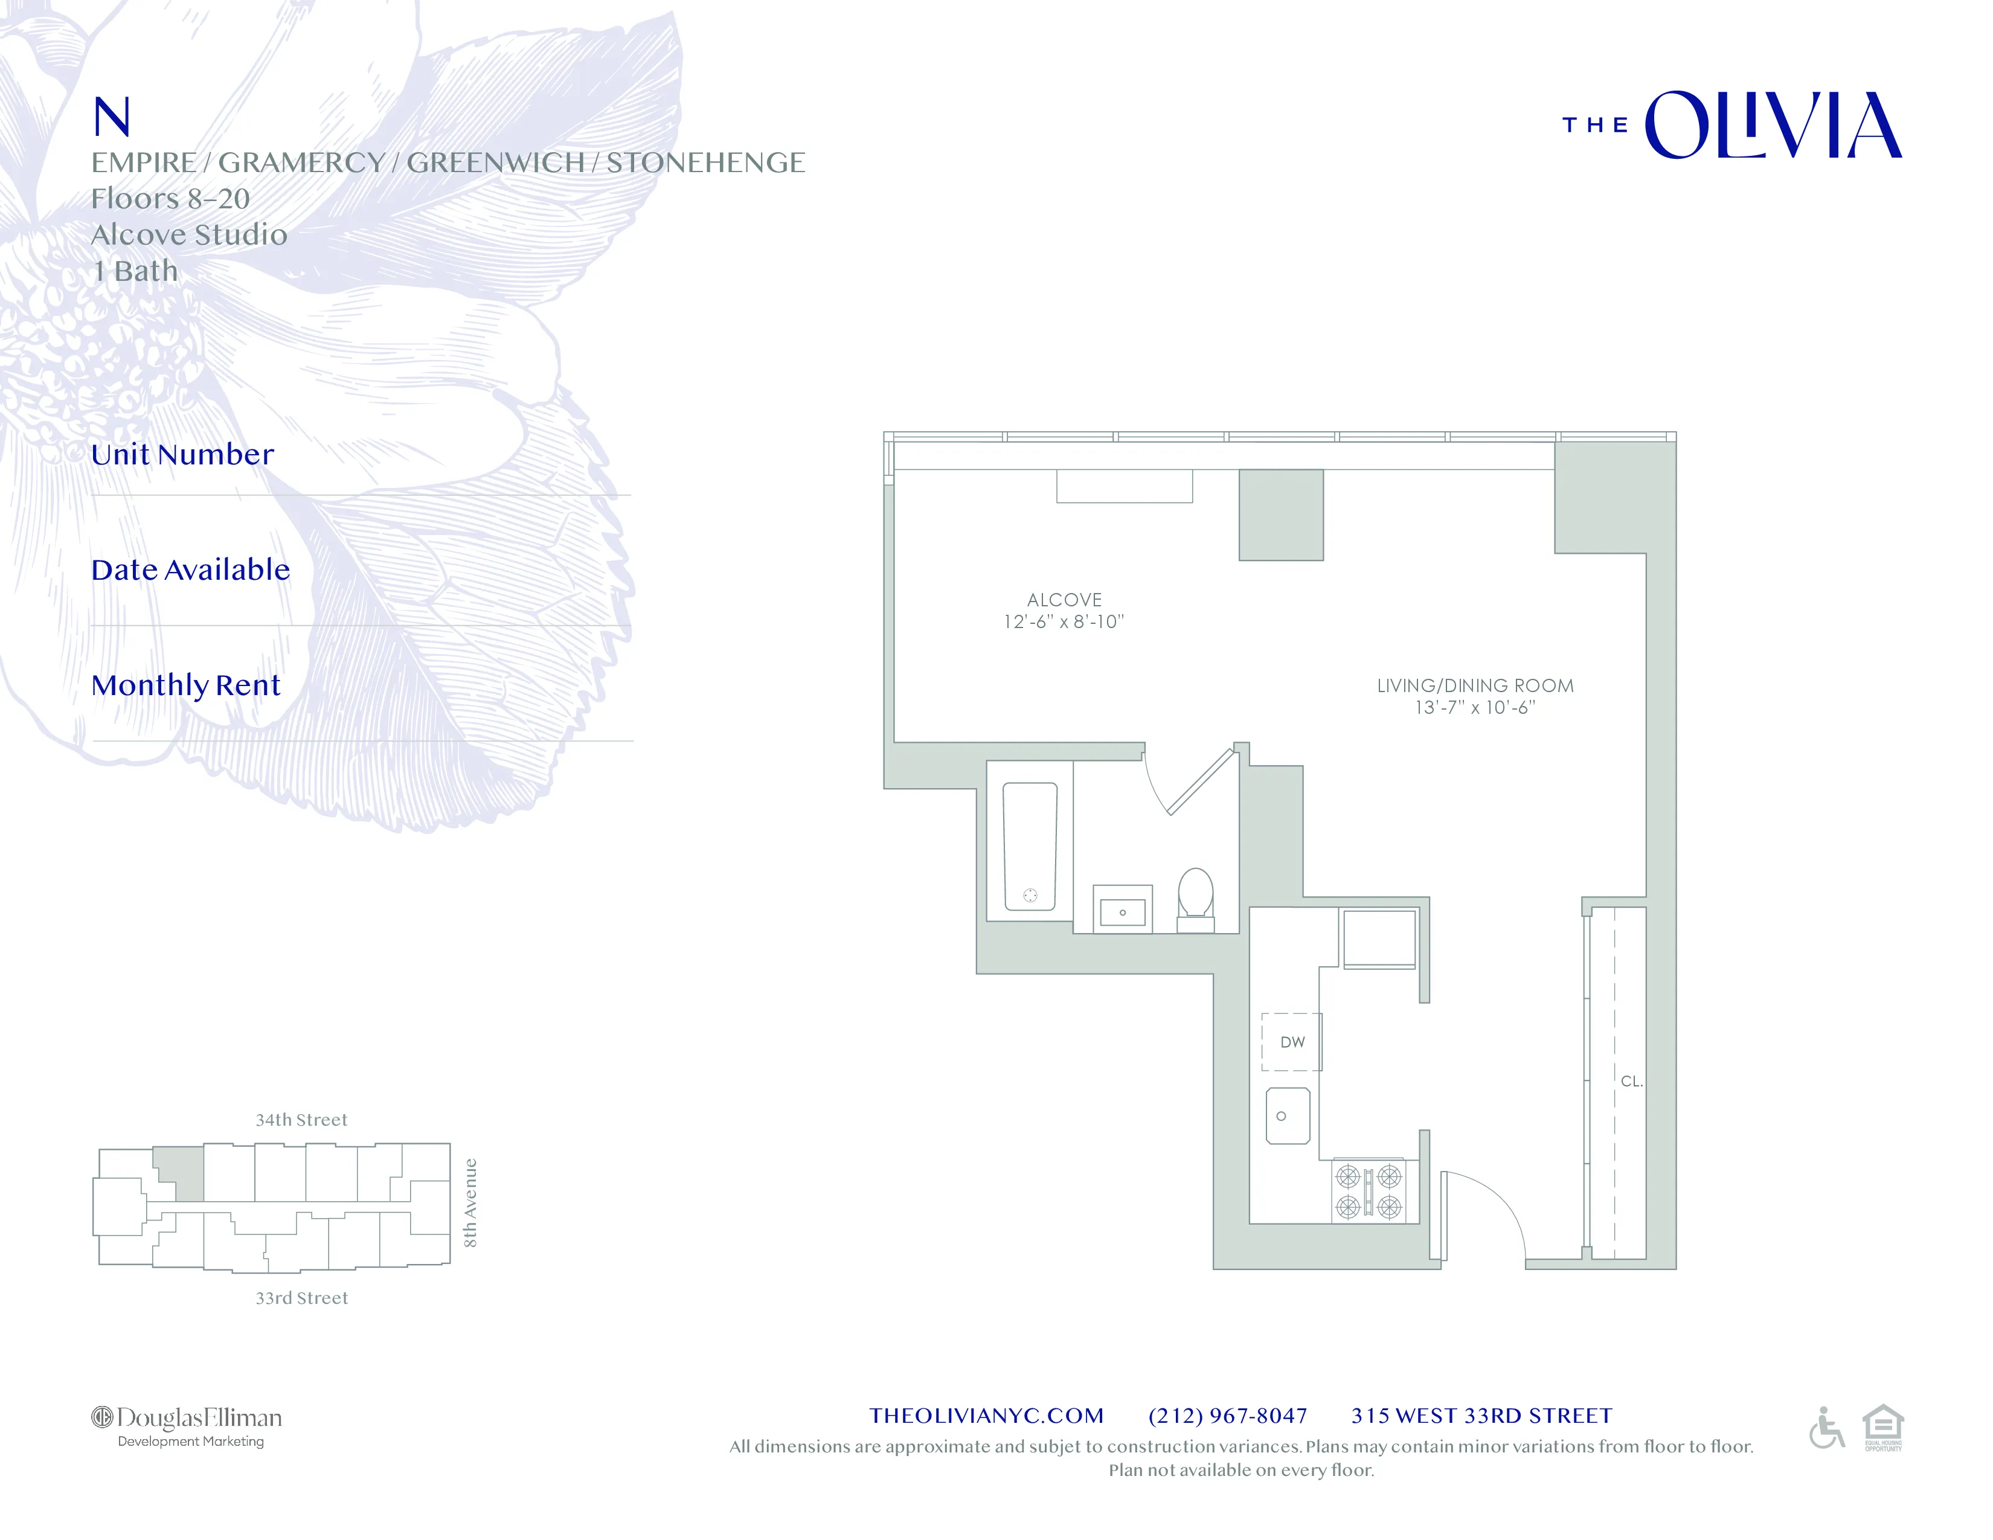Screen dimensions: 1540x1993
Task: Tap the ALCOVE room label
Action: [x=1064, y=600]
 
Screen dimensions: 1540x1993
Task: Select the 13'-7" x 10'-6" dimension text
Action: [x=1475, y=707]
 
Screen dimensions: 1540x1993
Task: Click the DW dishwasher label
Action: [x=1292, y=1042]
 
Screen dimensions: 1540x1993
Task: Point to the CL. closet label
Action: [x=1631, y=1081]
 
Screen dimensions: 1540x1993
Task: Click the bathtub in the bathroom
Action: [x=1030, y=847]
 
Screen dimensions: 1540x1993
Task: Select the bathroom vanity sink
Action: [x=1123, y=911]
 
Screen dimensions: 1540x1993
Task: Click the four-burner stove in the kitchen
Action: [x=1369, y=1192]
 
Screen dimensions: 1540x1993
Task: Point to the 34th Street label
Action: [x=301, y=1120]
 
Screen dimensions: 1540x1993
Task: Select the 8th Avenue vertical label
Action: [x=470, y=1202]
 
